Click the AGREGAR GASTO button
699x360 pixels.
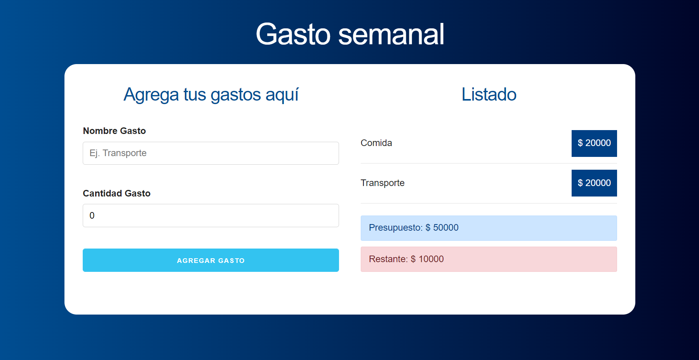coord(211,260)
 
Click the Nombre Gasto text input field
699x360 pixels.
coord(211,153)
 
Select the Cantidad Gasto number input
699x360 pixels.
coord(211,216)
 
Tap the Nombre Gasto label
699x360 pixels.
coord(114,131)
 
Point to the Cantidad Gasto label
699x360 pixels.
coord(116,193)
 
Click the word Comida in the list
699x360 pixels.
coord(376,143)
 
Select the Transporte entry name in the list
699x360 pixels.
coord(383,183)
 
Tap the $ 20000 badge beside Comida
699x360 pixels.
coord(594,143)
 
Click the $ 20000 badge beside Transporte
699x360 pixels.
coord(594,183)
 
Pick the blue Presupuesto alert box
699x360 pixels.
coord(489,228)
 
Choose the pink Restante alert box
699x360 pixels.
coord(489,259)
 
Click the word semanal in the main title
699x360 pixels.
coord(391,34)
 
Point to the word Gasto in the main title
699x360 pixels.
coord(293,34)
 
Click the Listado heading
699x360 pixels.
coord(489,94)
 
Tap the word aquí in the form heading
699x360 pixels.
coord(282,95)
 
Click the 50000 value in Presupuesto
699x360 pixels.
coord(446,228)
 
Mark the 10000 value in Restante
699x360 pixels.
coord(431,259)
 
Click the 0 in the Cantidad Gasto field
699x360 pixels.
coord(92,216)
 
